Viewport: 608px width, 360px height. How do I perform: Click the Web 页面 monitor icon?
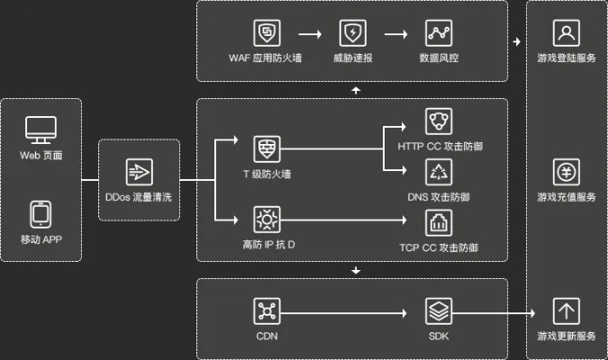click(41, 130)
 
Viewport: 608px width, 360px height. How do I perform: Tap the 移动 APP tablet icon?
click(41, 214)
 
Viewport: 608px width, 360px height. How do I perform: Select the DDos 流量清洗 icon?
click(139, 171)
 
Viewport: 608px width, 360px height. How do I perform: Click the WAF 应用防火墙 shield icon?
click(267, 34)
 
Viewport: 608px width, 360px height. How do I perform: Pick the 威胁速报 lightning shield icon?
click(352, 34)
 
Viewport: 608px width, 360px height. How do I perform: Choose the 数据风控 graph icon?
click(439, 34)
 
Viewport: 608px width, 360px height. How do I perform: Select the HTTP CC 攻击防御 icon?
click(439, 122)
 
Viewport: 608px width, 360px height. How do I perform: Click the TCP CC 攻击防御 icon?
click(439, 221)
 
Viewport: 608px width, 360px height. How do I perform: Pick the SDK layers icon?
click(439, 311)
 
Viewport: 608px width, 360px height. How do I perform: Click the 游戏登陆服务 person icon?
click(567, 33)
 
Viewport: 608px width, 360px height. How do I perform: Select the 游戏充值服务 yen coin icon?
click(567, 172)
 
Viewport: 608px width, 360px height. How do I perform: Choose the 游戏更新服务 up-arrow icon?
click(567, 311)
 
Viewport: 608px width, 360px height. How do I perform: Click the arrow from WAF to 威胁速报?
click(309, 34)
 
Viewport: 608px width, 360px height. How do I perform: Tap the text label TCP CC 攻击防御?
click(439, 247)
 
